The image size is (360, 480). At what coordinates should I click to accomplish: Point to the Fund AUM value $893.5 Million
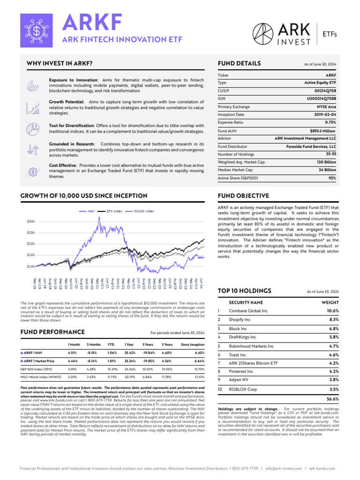[x=323, y=131]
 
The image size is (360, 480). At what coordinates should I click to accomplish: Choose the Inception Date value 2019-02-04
[x=323, y=114]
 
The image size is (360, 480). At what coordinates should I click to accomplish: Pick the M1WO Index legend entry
[x=143, y=211]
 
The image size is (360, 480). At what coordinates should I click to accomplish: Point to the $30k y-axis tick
[x=30, y=221]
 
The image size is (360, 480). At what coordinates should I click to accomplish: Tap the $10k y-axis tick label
[x=30, y=266]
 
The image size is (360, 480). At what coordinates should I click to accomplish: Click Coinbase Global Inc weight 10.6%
[x=332, y=311]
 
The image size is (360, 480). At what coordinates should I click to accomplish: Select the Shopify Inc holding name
[x=240, y=320]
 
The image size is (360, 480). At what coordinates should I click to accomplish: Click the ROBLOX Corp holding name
[x=242, y=390]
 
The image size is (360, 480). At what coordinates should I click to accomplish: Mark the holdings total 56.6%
[x=332, y=399]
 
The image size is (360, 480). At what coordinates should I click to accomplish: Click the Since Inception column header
[x=193, y=345]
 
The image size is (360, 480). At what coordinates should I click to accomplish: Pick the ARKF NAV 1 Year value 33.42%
[x=130, y=352]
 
